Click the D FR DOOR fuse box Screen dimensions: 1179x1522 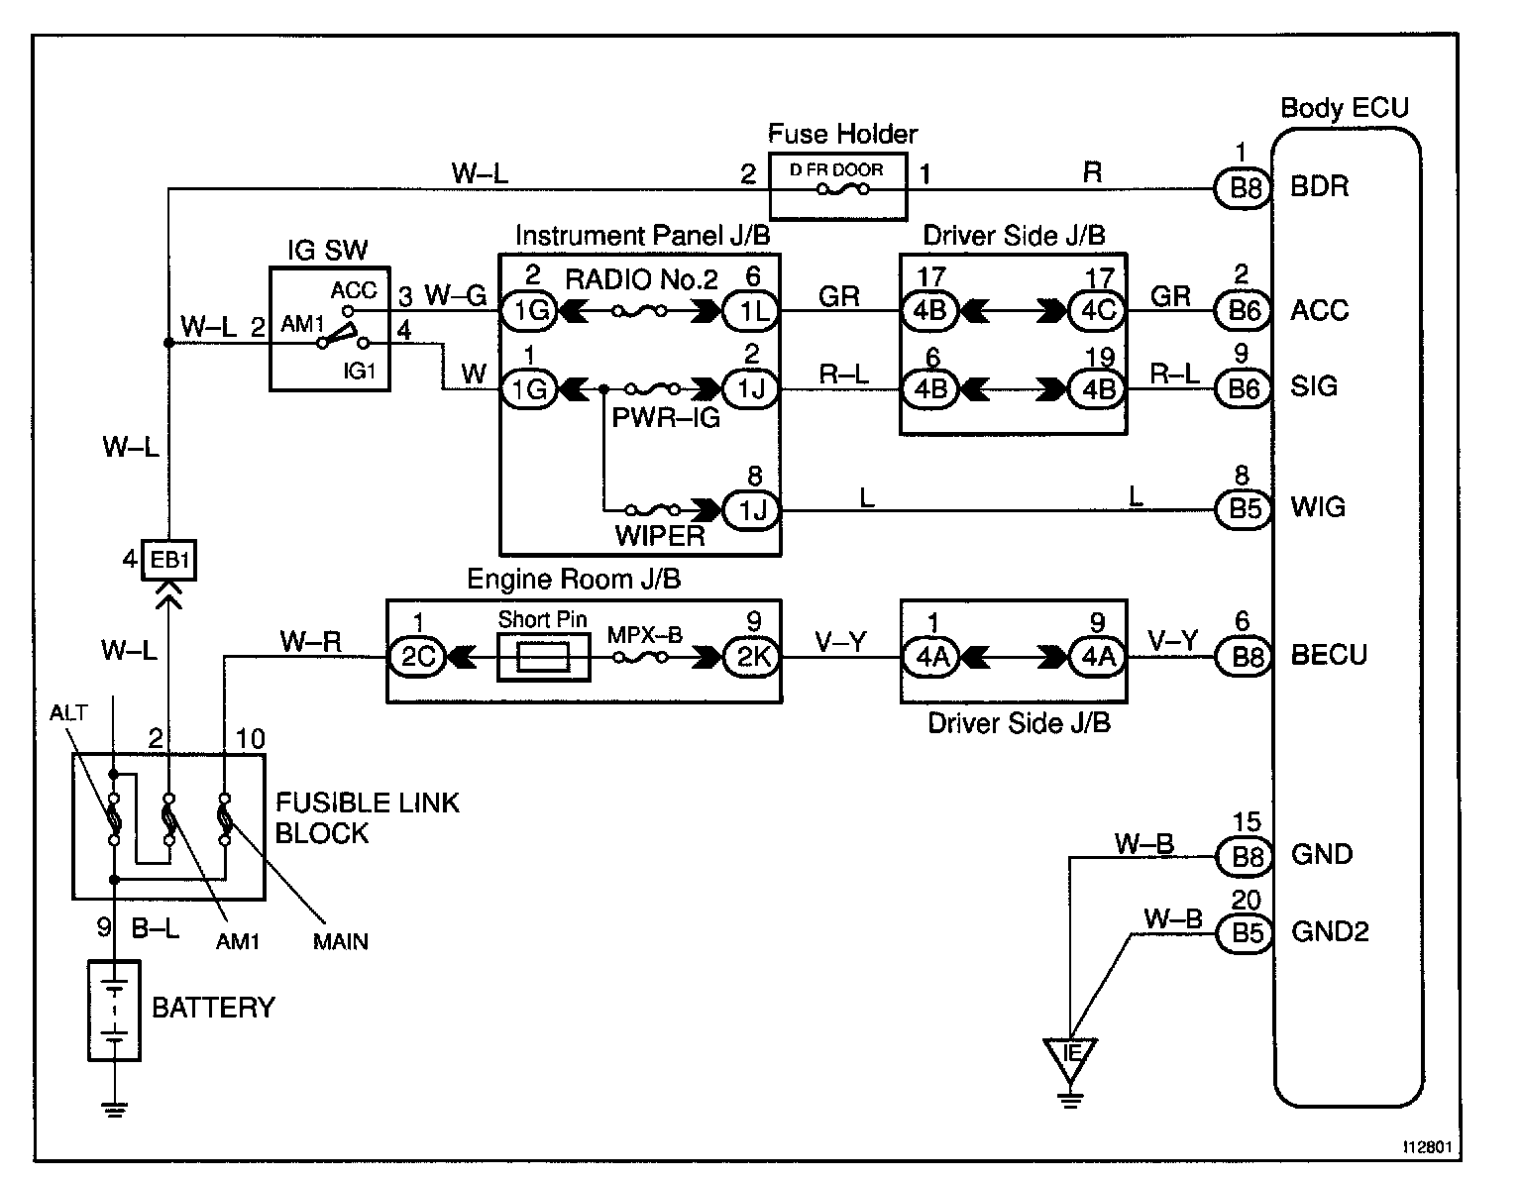(837, 185)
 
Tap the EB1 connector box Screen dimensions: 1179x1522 (168, 561)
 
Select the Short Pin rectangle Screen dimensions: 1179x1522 (543, 657)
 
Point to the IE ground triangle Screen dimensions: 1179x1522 (1070, 1056)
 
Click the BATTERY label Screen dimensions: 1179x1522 (213, 1008)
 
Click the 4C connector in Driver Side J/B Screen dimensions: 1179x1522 (1097, 310)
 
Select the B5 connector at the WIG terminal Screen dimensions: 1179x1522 (1243, 509)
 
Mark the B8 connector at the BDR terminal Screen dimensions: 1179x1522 (1243, 187)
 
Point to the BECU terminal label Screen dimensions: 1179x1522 (1328, 656)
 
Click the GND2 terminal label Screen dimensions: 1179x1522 (1330, 931)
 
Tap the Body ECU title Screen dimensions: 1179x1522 (1344, 107)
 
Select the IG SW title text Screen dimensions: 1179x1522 (328, 251)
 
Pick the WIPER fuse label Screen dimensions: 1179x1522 (660, 536)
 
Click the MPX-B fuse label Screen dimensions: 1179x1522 (644, 634)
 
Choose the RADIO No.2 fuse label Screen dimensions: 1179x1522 (640, 279)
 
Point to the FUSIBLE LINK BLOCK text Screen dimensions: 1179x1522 (367, 817)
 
